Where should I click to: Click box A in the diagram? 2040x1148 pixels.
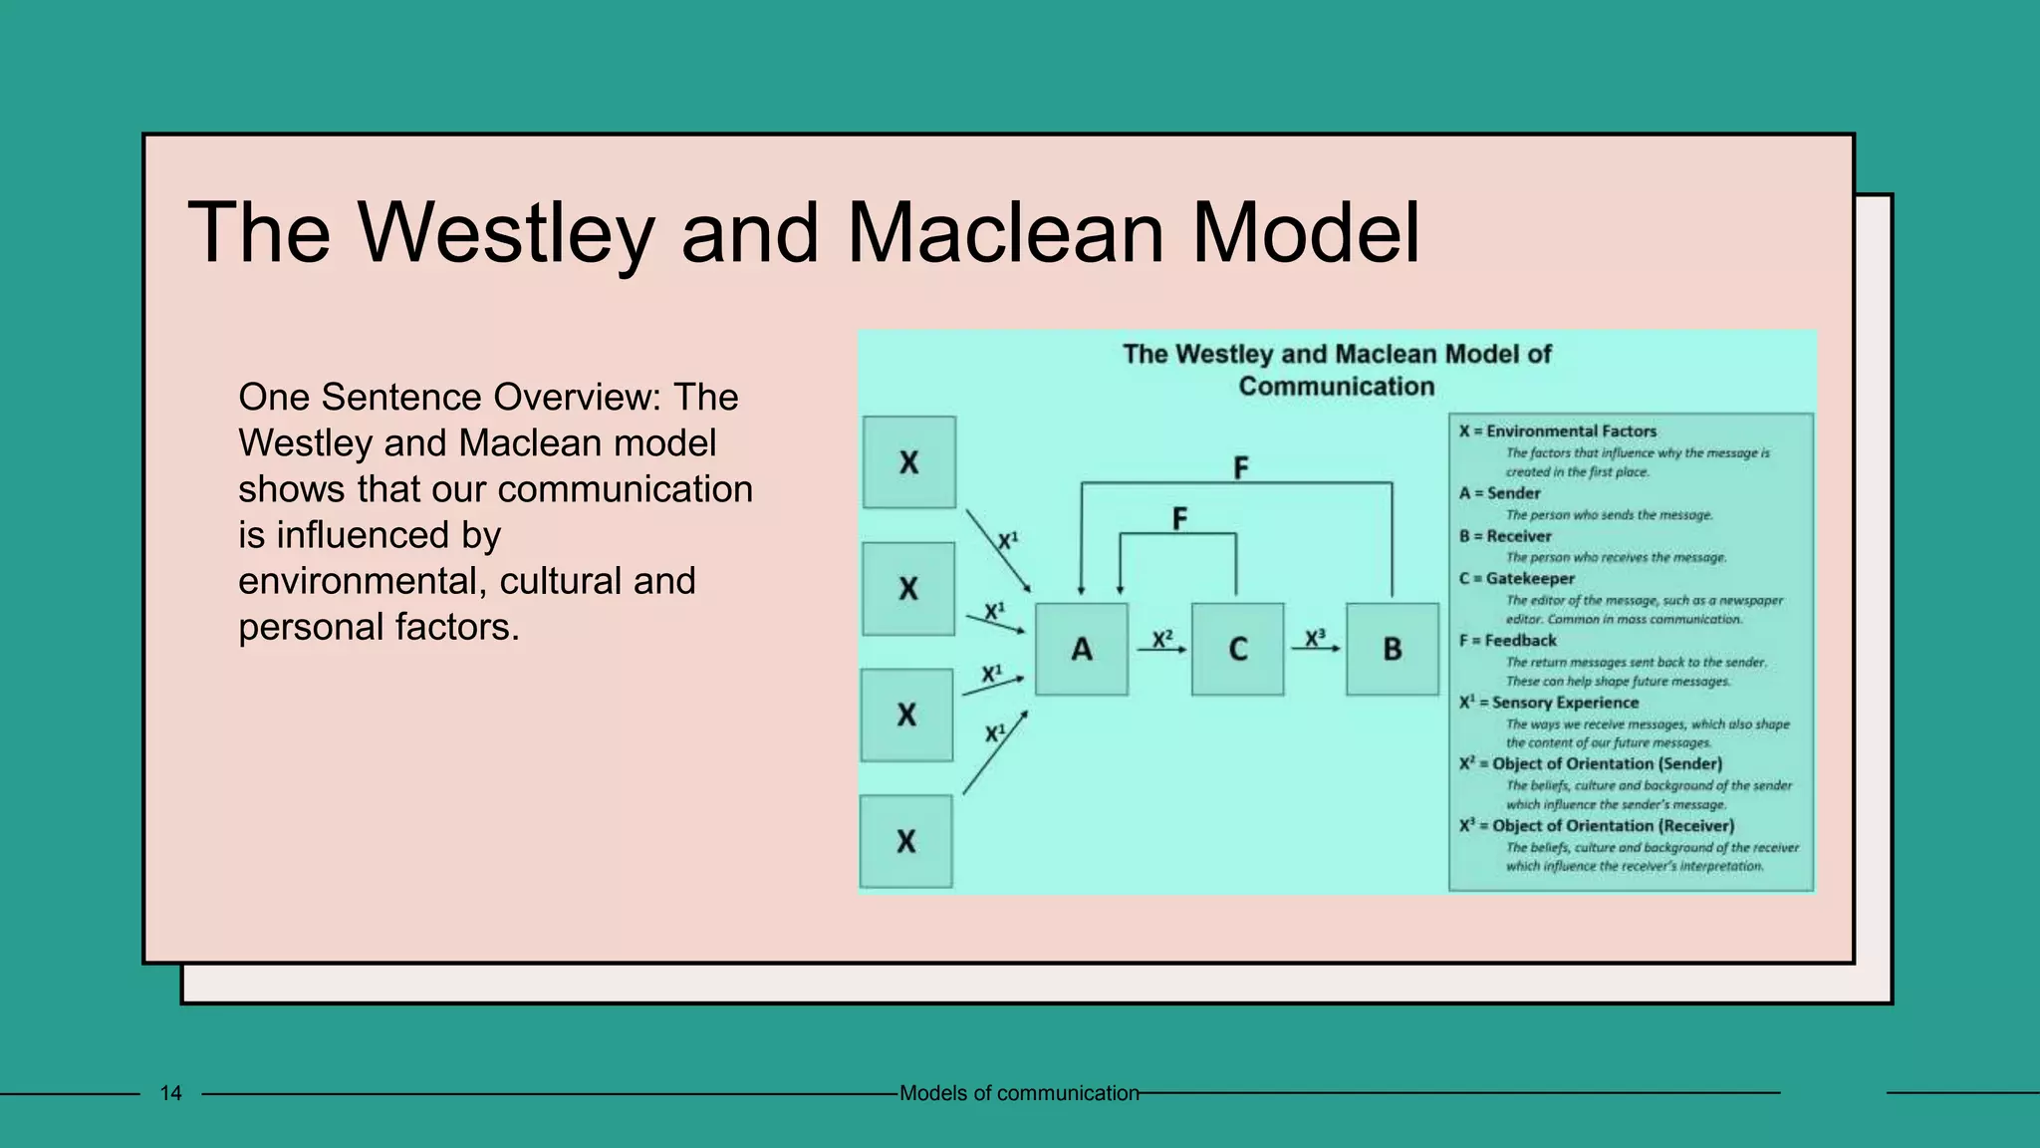(1082, 649)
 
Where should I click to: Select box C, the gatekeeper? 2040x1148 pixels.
(1237, 649)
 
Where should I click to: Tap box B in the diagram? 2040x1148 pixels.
(1393, 649)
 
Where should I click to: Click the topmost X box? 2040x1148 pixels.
(908, 462)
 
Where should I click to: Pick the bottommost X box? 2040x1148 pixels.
(905, 841)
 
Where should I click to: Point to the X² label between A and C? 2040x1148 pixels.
(1162, 639)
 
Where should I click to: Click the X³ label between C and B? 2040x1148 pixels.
(1315, 638)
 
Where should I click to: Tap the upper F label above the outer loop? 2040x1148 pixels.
(1240, 467)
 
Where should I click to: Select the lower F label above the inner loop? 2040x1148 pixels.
(1179, 518)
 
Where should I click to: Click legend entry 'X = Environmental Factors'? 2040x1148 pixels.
(1557, 431)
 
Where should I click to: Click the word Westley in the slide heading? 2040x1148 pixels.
(506, 233)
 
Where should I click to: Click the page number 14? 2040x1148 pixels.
(170, 1093)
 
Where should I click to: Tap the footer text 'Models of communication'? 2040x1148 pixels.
(1018, 1093)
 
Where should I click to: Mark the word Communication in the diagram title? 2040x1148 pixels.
(1336, 387)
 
